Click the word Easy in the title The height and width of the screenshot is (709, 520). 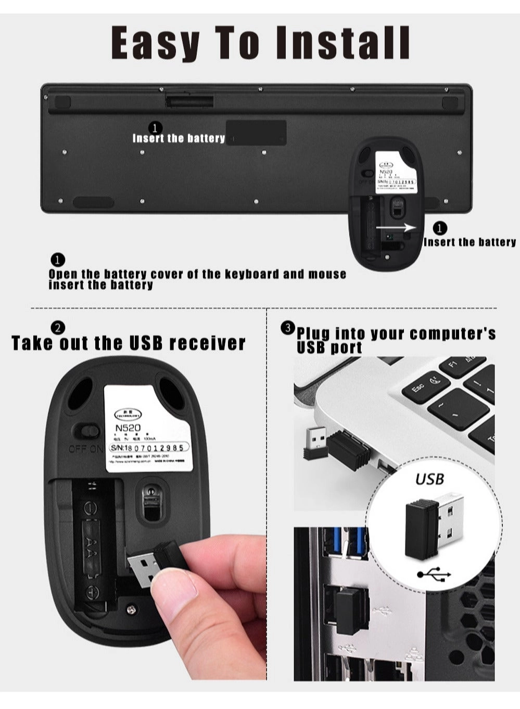156,43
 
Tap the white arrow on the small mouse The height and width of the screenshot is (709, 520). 396,227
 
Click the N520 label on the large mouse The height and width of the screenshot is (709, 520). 128,428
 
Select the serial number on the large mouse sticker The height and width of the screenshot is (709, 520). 148,447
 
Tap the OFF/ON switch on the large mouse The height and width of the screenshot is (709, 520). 87,431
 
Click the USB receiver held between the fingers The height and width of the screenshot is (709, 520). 154,562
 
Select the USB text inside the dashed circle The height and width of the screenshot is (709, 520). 429,478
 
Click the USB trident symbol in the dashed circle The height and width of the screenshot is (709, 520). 434,574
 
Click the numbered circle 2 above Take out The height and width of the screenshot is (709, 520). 58,328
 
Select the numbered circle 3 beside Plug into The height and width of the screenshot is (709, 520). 287,328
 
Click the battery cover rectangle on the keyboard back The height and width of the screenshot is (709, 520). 256,133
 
